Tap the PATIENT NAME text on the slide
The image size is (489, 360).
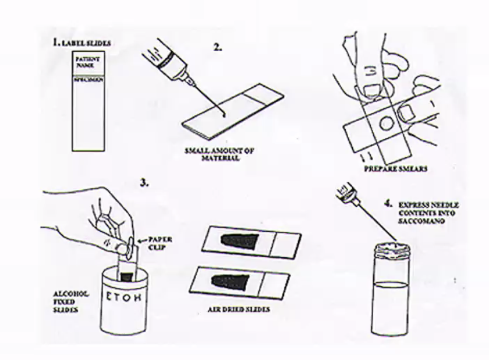coord(87,62)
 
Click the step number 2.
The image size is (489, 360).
coord(217,47)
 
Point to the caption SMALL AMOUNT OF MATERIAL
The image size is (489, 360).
coord(212,154)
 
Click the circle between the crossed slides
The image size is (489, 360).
coord(385,123)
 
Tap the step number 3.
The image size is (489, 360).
coord(144,183)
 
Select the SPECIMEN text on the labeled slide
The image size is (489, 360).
coord(88,80)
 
